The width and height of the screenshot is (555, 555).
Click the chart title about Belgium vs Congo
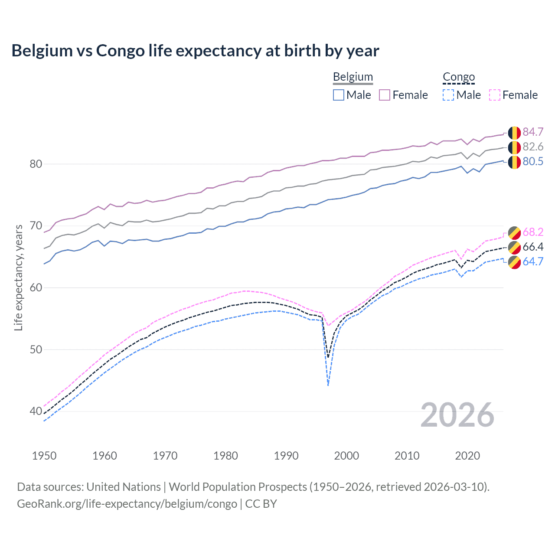pos(195,51)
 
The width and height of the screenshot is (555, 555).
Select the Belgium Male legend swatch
pos(339,95)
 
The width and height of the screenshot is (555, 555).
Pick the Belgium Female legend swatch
pos(385,95)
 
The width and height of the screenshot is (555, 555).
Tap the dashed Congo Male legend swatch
pos(448,95)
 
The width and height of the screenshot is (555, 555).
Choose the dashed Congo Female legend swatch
pos(494,95)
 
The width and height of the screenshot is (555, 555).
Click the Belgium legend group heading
pos(353,77)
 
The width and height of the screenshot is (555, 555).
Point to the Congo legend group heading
pos(459,77)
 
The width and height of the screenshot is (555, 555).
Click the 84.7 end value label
pos(533,132)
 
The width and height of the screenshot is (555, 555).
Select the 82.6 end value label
pos(533,147)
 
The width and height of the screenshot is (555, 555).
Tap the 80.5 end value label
pos(533,161)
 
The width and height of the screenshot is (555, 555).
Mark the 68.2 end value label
pos(533,232)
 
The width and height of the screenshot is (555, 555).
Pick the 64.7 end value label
pos(533,261)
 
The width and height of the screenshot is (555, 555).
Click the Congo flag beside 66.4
pos(514,247)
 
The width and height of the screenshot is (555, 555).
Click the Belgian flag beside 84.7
pos(514,132)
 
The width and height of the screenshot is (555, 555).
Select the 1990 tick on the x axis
pos(286,456)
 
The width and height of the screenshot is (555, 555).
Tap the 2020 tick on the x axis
pos(467,456)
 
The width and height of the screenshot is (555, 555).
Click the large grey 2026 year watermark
pos(457,415)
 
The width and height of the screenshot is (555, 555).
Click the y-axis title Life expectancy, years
pos(18,277)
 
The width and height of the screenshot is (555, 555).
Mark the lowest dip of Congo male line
pos(328,385)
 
